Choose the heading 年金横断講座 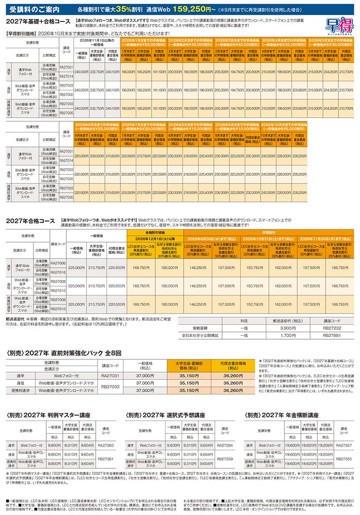point(299,414)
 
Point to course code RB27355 point(345,458)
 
